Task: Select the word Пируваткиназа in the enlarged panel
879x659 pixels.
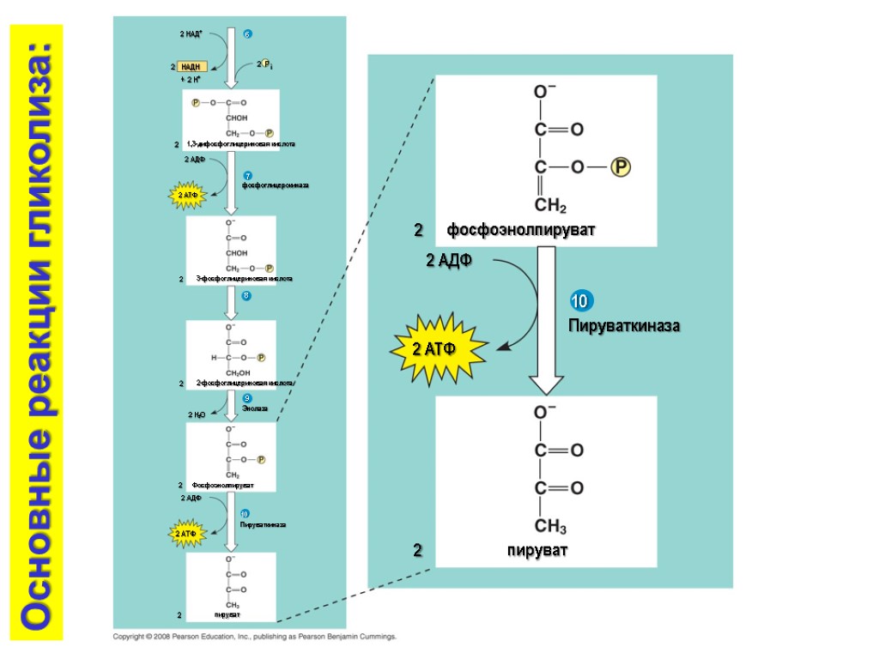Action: tap(624, 327)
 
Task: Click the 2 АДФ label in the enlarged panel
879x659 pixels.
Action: tap(450, 260)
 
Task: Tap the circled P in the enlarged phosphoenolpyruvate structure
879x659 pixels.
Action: tap(620, 167)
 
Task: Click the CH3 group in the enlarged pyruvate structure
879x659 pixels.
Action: tap(551, 526)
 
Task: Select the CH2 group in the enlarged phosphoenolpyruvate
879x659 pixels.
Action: tap(551, 206)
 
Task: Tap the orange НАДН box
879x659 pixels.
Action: tap(191, 66)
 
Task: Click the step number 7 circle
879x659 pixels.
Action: tap(247, 176)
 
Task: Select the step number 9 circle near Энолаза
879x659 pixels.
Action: tap(246, 399)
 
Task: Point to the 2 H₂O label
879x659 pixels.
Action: tap(196, 414)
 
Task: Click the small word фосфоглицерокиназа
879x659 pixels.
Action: tap(275, 185)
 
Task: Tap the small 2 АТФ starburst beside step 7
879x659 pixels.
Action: tap(188, 196)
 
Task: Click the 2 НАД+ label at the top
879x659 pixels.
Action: tap(191, 34)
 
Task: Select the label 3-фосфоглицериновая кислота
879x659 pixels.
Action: tap(245, 279)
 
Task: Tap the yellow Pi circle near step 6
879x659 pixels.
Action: tap(266, 63)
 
